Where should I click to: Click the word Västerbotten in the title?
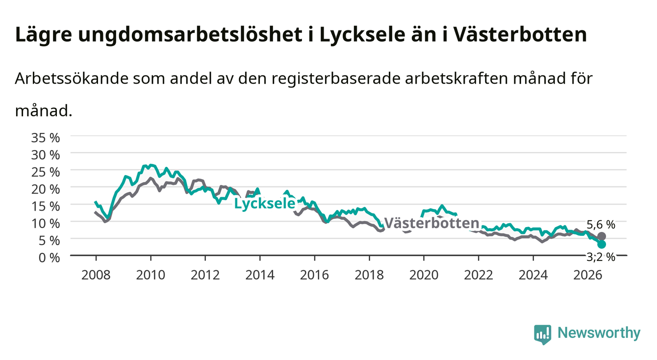pos(520,34)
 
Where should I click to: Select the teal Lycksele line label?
pos(265,204)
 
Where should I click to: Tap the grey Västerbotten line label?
pos(431,223)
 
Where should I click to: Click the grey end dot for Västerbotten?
pos(601,236)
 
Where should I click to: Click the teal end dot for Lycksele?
pos(601,244)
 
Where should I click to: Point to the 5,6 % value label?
pos(601,225)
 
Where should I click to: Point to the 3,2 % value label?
pos(601,257)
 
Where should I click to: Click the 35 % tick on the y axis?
pos(46,138)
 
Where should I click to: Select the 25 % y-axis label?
pos(46,172)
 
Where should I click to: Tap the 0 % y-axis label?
pos(49,257)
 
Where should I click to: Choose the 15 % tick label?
pos(46,206)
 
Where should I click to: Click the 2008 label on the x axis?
pos(96,275)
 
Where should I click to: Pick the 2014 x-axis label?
pos(260,275)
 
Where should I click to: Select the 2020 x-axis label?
pos(424,275)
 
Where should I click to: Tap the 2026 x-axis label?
pos(588,275)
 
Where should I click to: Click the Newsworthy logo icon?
pos(543,334)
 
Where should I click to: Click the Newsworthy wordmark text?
pos(599,333)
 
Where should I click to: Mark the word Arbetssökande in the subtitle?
pos(72,78)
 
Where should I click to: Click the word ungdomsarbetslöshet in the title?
pos(190,35)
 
